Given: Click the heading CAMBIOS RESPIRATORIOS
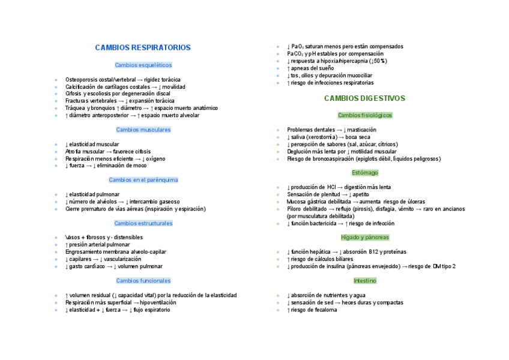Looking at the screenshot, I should [143, 47].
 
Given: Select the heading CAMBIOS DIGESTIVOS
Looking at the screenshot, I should [364, 98].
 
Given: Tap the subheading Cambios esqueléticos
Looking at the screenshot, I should [143, 65].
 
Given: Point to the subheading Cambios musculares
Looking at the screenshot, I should [143, 130].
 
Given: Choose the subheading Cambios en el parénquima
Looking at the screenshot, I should [143, 180].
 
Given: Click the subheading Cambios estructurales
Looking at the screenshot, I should [143, 223].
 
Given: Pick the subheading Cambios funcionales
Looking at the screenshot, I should [143, 281].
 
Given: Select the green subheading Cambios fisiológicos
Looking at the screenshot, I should [364, 115].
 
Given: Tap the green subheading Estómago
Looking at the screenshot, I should [364, 173].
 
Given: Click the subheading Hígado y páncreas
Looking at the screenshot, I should [364, 238].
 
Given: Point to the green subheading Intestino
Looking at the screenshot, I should [364, 281].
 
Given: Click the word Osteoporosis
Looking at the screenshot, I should [80, 80].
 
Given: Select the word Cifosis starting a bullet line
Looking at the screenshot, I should [73, 94].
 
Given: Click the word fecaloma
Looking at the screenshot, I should [324, 310].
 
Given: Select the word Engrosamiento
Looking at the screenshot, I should [83, 252].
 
